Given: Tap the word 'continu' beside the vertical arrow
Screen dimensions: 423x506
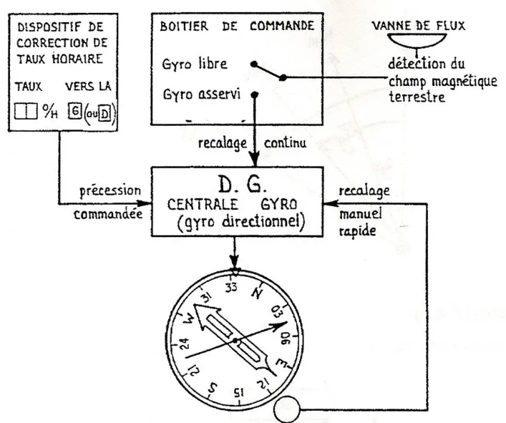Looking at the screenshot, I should [287, 142].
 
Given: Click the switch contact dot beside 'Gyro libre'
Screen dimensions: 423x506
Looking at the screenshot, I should [255, 64].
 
